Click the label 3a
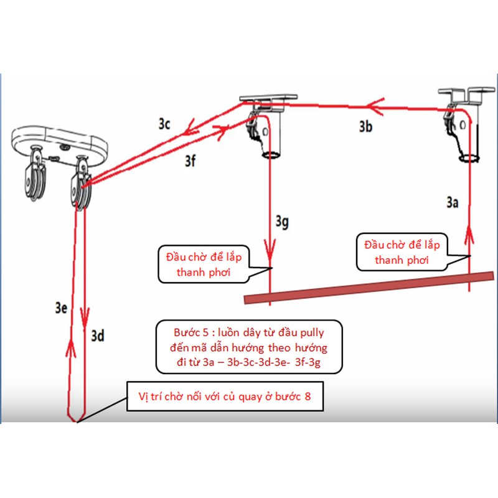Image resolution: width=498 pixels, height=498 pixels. pos(453,202)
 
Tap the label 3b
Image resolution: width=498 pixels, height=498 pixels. pos(366,127)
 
